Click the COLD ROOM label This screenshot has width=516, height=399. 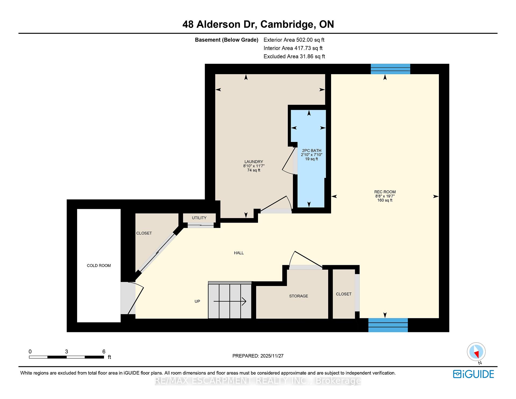pos(99,266)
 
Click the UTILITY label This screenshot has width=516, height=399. pos(199,218)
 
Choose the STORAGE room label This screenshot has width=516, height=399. pos(299,296)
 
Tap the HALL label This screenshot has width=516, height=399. pos(239,253)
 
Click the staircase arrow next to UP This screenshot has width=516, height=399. pos(230,301)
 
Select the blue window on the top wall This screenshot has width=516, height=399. pos(390,69)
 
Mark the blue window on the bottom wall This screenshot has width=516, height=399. pos(388,325)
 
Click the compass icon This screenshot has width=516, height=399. pos(476,352)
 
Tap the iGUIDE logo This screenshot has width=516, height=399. pos(474,374)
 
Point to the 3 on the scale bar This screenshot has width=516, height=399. pos(66,352)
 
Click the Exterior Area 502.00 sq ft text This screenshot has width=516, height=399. pos(294,40)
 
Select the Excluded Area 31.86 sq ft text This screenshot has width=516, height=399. pos(294,56)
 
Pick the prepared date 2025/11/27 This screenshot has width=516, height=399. pos(272,356)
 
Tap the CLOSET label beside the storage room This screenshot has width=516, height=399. pos(344,294)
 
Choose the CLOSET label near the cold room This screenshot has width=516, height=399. pos(144,233)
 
